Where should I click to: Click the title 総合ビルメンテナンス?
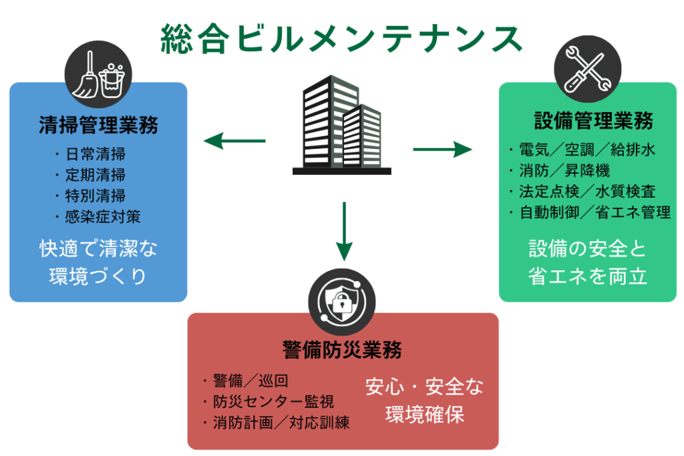click(x=341, y=39)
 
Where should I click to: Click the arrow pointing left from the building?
click(x=234, y=141)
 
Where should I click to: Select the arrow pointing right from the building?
click(x=442, y=149)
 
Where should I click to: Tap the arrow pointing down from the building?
click(x=343, y=230)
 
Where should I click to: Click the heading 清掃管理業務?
click(x=98, y=125)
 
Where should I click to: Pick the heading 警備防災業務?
click(x=342, y=349)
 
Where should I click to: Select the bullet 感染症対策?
click(x=99, y=216)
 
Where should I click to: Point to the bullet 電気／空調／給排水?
click(x=582, y=149)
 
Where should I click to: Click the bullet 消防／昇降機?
click(x=559, y=170)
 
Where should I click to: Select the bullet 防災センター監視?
click(x=269, y=402)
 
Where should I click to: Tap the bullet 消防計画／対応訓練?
click(x=276, y=423)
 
